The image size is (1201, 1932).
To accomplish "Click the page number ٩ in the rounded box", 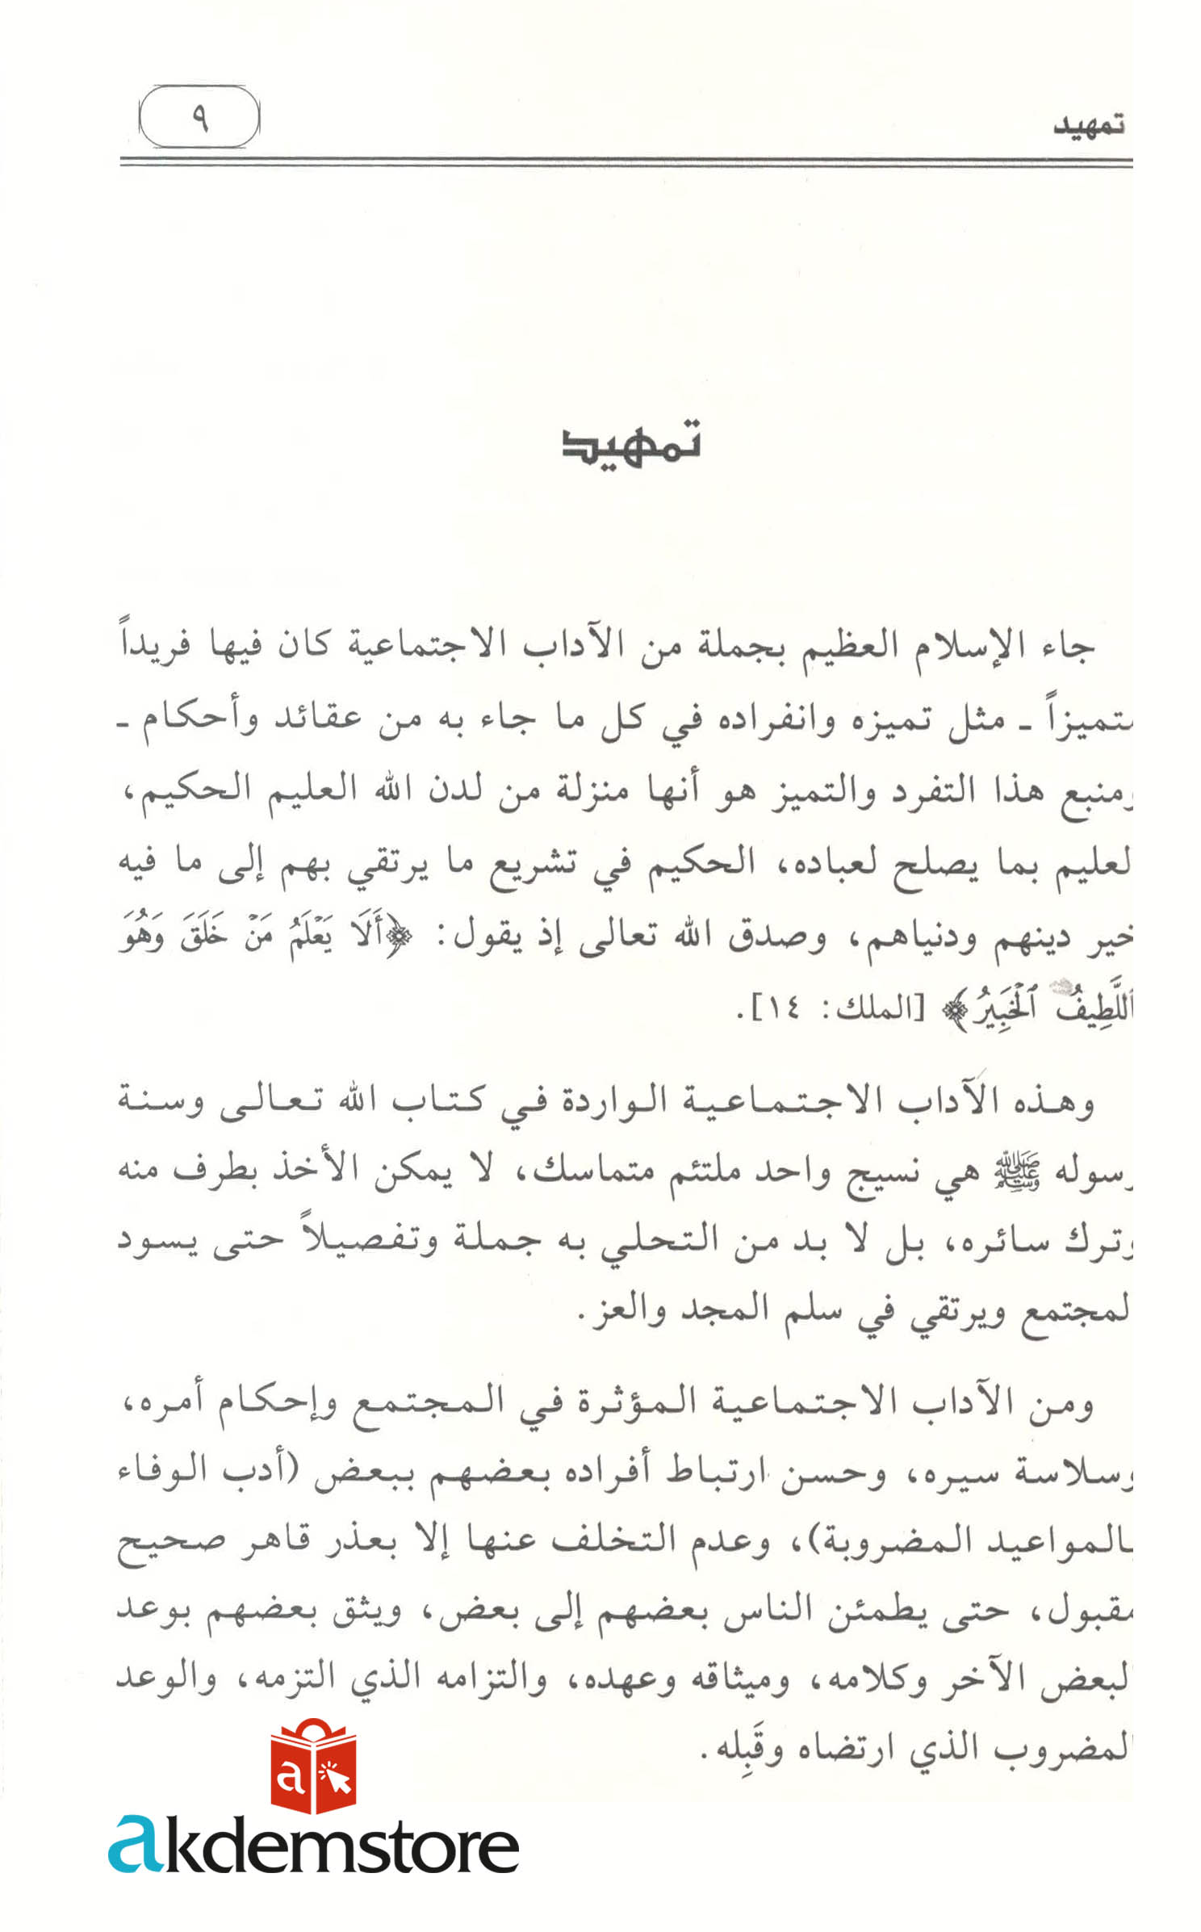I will [199, 118].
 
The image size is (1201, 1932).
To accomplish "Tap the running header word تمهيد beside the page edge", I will [1088, 127].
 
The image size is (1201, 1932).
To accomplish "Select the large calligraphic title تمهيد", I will [632, 445].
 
